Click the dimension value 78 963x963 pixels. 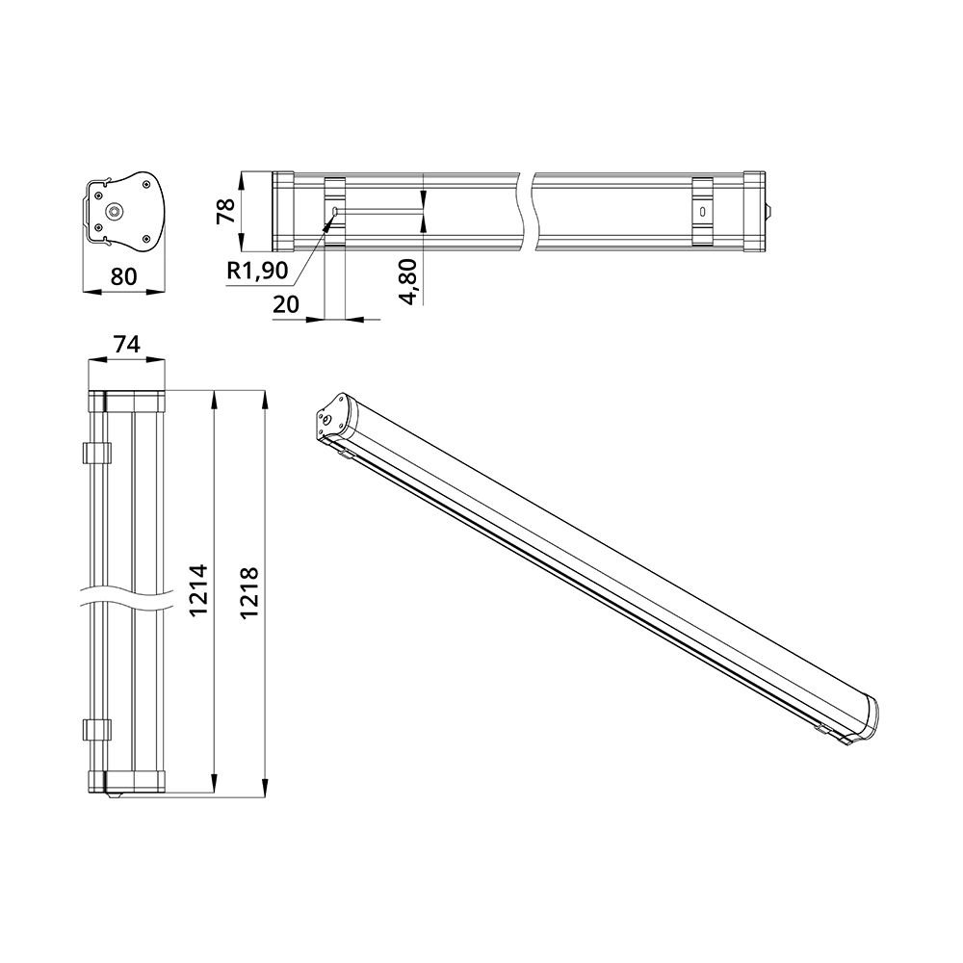click(225, 211)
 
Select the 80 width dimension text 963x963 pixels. click(122, 276)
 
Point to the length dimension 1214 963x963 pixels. click(198, 589)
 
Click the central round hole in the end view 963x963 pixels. click(116, 210)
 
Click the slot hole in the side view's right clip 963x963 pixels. click(702, 211)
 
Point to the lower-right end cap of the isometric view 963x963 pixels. click(865, 719)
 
